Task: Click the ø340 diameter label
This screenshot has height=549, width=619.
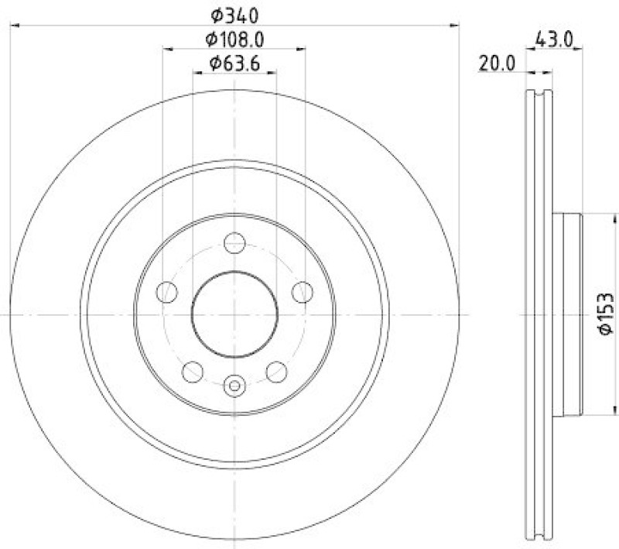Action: coord(234,14)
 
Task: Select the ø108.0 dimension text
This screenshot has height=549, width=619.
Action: coord(234,38)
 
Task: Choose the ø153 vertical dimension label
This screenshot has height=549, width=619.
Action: coord(607,314)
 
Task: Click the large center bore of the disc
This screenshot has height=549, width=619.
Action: coord(234,314)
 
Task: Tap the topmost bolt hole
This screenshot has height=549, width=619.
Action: coord(234,243)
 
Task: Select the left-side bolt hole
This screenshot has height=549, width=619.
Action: coord(166,293)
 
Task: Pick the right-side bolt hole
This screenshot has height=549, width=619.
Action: coord(303,293)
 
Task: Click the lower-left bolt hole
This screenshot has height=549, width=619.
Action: coord(192,372)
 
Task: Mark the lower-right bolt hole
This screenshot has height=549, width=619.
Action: coord(276,372)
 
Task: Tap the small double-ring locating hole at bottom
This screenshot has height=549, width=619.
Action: coord(234,384)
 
